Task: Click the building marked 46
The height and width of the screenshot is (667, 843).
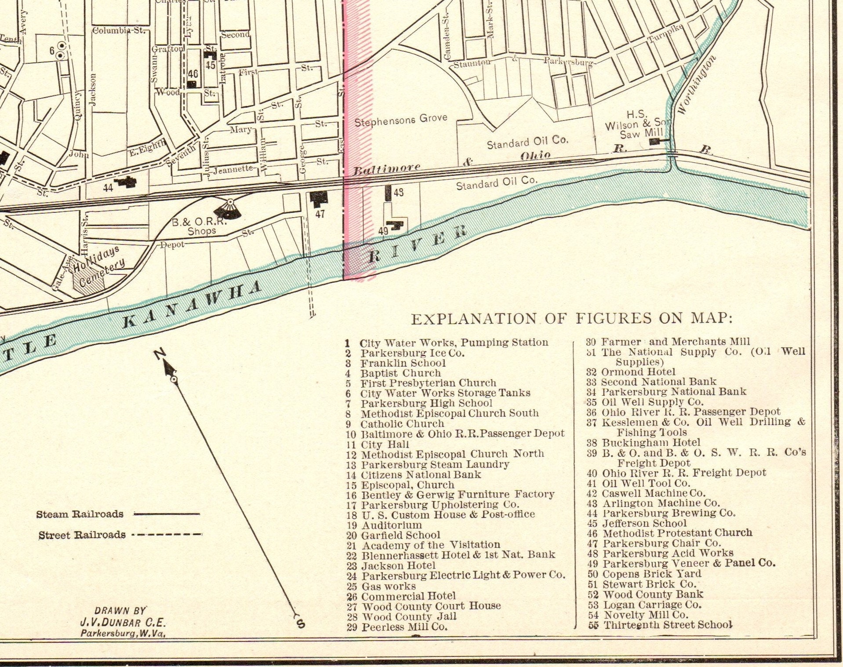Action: tap(192, 84)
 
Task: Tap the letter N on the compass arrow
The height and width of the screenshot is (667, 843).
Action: tap(160, 353)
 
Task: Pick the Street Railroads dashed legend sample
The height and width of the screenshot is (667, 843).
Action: tap(167, 535)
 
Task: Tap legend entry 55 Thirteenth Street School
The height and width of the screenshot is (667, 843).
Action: tap(660, 625)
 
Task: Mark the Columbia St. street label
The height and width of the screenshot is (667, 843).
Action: tap(118, 30)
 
